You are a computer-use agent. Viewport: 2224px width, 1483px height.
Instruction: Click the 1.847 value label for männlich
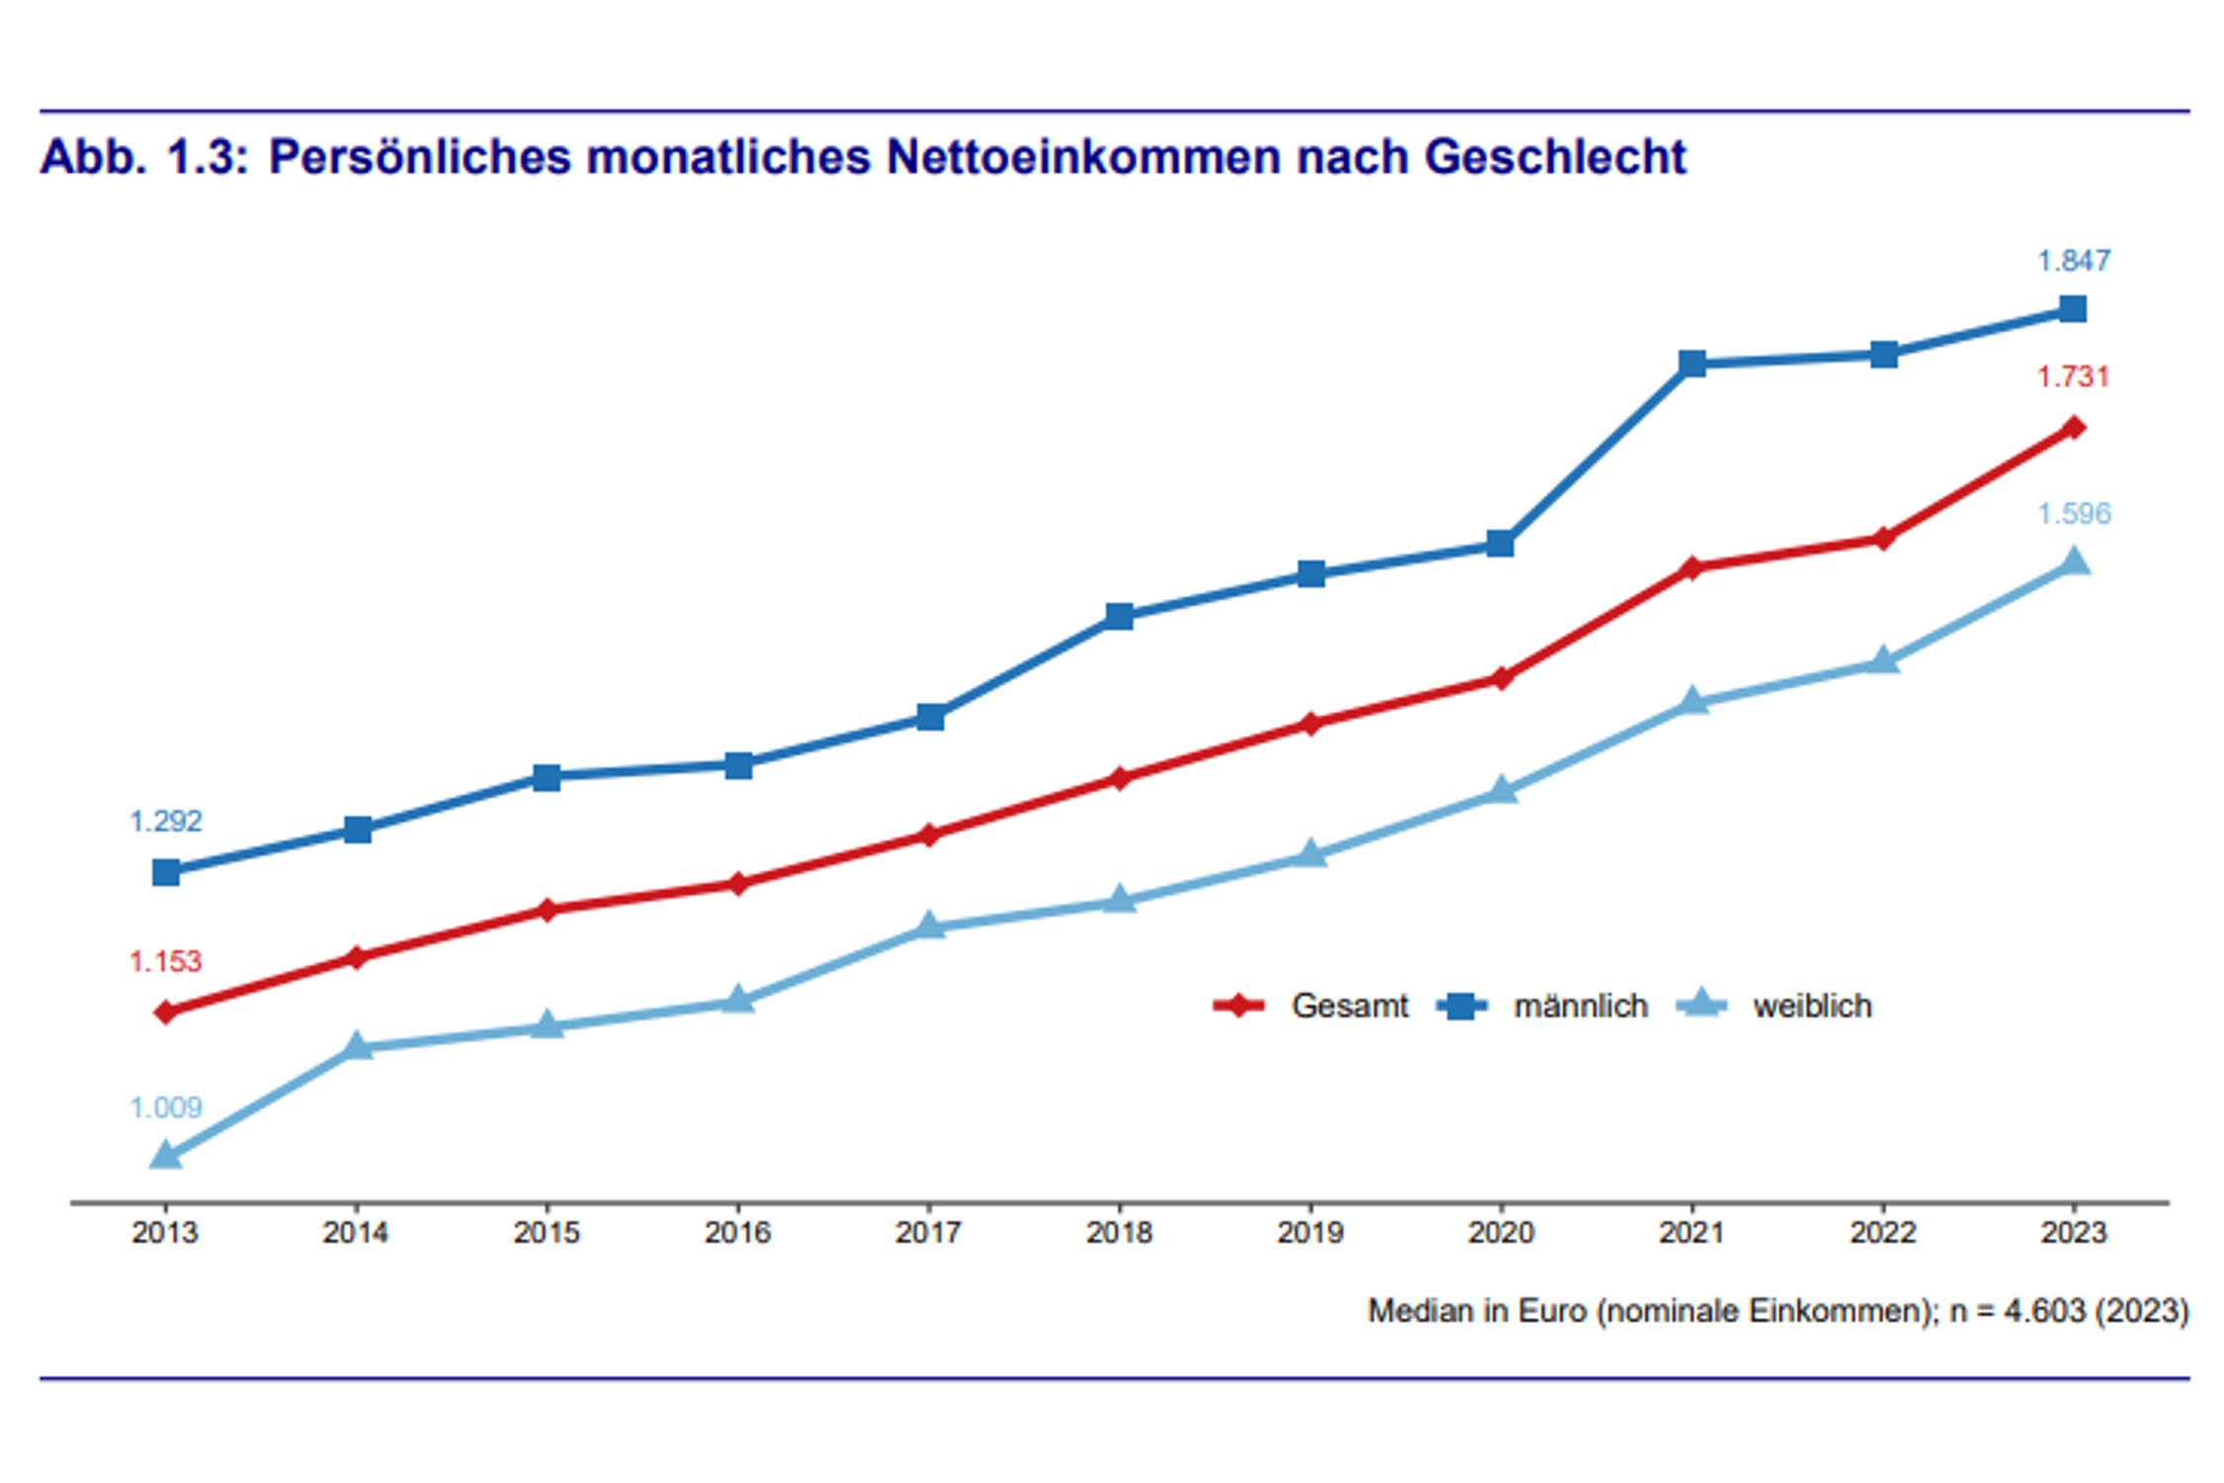tap(2073, 260)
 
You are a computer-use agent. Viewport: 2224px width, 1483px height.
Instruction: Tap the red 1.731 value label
tap(2073, 377)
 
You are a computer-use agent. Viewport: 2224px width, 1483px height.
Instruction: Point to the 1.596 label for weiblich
tap(2073, 513)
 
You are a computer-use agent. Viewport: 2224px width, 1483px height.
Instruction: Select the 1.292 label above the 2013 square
tap(165, 821)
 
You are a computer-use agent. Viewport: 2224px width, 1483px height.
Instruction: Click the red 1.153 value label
tap(165, 961)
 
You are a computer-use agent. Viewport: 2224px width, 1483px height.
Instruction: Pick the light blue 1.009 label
tap(165, 1107)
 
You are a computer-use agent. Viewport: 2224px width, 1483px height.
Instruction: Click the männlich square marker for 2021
tap(1692, 364)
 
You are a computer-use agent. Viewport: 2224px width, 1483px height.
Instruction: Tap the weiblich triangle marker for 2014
tap(358, 1046)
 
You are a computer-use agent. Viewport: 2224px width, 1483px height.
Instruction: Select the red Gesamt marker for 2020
tap(1500, 678)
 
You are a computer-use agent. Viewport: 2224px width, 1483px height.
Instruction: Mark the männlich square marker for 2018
tap(1119, 617)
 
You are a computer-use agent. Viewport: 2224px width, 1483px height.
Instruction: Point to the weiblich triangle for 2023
tap(2074, 563)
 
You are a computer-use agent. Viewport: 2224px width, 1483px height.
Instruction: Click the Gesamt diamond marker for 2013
tap(166, 1012)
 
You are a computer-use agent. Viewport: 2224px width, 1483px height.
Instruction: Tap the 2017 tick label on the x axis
tap(927, 1233)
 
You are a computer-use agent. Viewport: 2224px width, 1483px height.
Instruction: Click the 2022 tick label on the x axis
tap(1882, 1233)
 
